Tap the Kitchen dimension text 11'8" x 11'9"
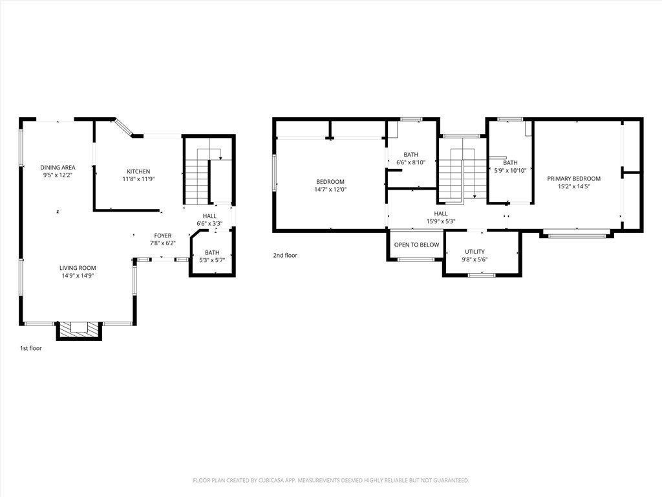[138, 179]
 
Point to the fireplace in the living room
[79, 330]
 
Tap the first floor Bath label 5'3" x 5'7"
[212, 256]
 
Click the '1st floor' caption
[31, 348]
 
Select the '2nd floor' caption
[285, 255]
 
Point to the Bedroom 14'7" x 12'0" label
[330, 186]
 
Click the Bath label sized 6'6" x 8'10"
[411, 159]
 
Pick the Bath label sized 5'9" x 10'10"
[511, 166]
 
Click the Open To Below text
[417, 245]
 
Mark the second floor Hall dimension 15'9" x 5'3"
[441, 221]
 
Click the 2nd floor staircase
[462, 175]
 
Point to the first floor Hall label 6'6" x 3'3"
[209, 220]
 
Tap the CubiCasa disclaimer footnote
[331, 481]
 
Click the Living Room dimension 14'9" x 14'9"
[78, 275]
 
